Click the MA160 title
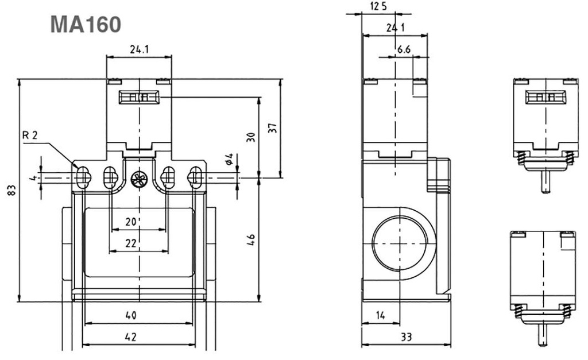click(86, 25)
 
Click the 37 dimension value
click(273, 128)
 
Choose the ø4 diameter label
click(228, 159)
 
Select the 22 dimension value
click(131, 243)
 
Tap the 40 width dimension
click(131, 315)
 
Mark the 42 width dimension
click(131, 338)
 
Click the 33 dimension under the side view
click(406, 338)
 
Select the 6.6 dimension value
click(404, 50)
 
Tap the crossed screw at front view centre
click(138, 179)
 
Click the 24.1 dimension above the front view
click(140, 50)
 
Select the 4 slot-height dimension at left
click(33, 178)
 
